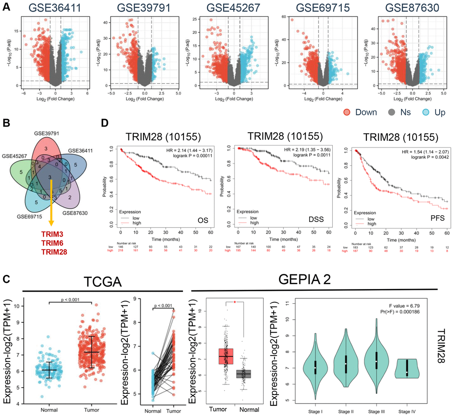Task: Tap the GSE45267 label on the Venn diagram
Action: [15, 156]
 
